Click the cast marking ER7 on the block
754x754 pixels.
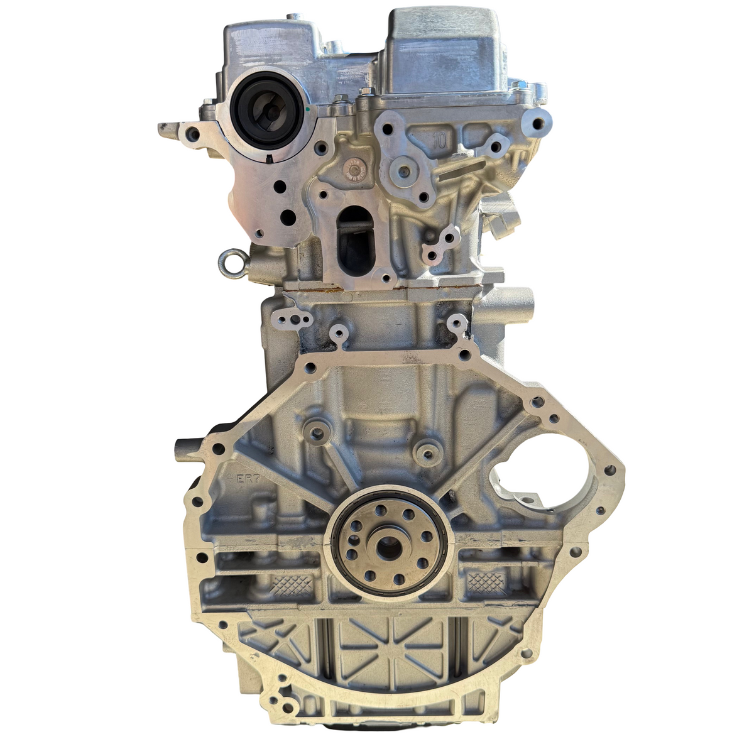(247, 479)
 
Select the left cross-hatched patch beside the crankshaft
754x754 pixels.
(293, 585)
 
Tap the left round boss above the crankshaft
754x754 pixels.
(317, 432)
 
